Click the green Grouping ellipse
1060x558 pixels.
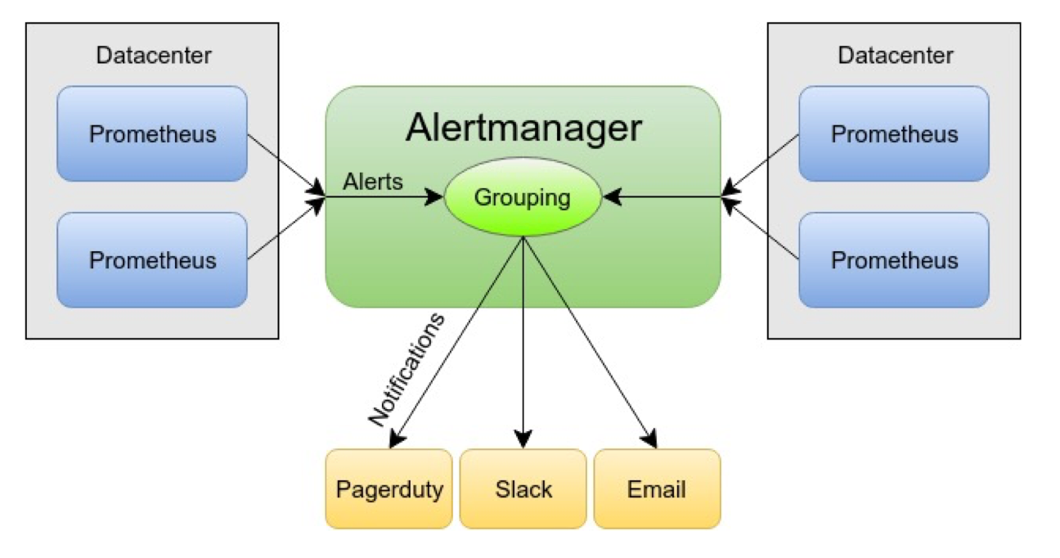tap(523, 197)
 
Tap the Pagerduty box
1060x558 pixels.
tap(389, 489)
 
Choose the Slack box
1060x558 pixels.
tap(523, 489)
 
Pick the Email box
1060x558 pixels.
tap(657, 489)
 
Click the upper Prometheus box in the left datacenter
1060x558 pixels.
tap(152, 133)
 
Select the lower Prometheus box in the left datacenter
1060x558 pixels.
tap(152, 260)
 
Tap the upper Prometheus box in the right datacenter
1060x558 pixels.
tap(894, 133)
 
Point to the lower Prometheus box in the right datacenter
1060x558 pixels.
tap(894, 260)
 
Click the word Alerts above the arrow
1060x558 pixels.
tap(373, 181)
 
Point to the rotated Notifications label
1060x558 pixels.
tap(406, 368)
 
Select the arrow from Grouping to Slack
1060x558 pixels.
tap(523, 344)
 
